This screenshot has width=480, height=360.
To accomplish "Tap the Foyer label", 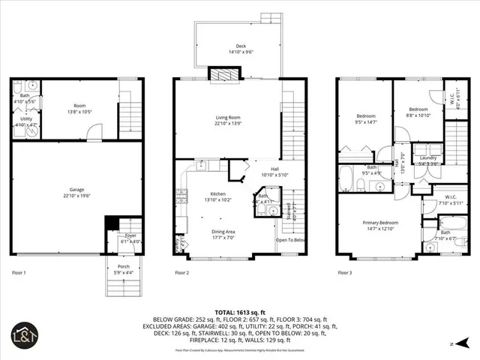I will (130, 235).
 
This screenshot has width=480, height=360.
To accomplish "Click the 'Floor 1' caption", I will (19, 273).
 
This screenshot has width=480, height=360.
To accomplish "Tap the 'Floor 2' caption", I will (182, 273).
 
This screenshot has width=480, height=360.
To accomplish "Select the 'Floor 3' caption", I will (346, 273).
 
